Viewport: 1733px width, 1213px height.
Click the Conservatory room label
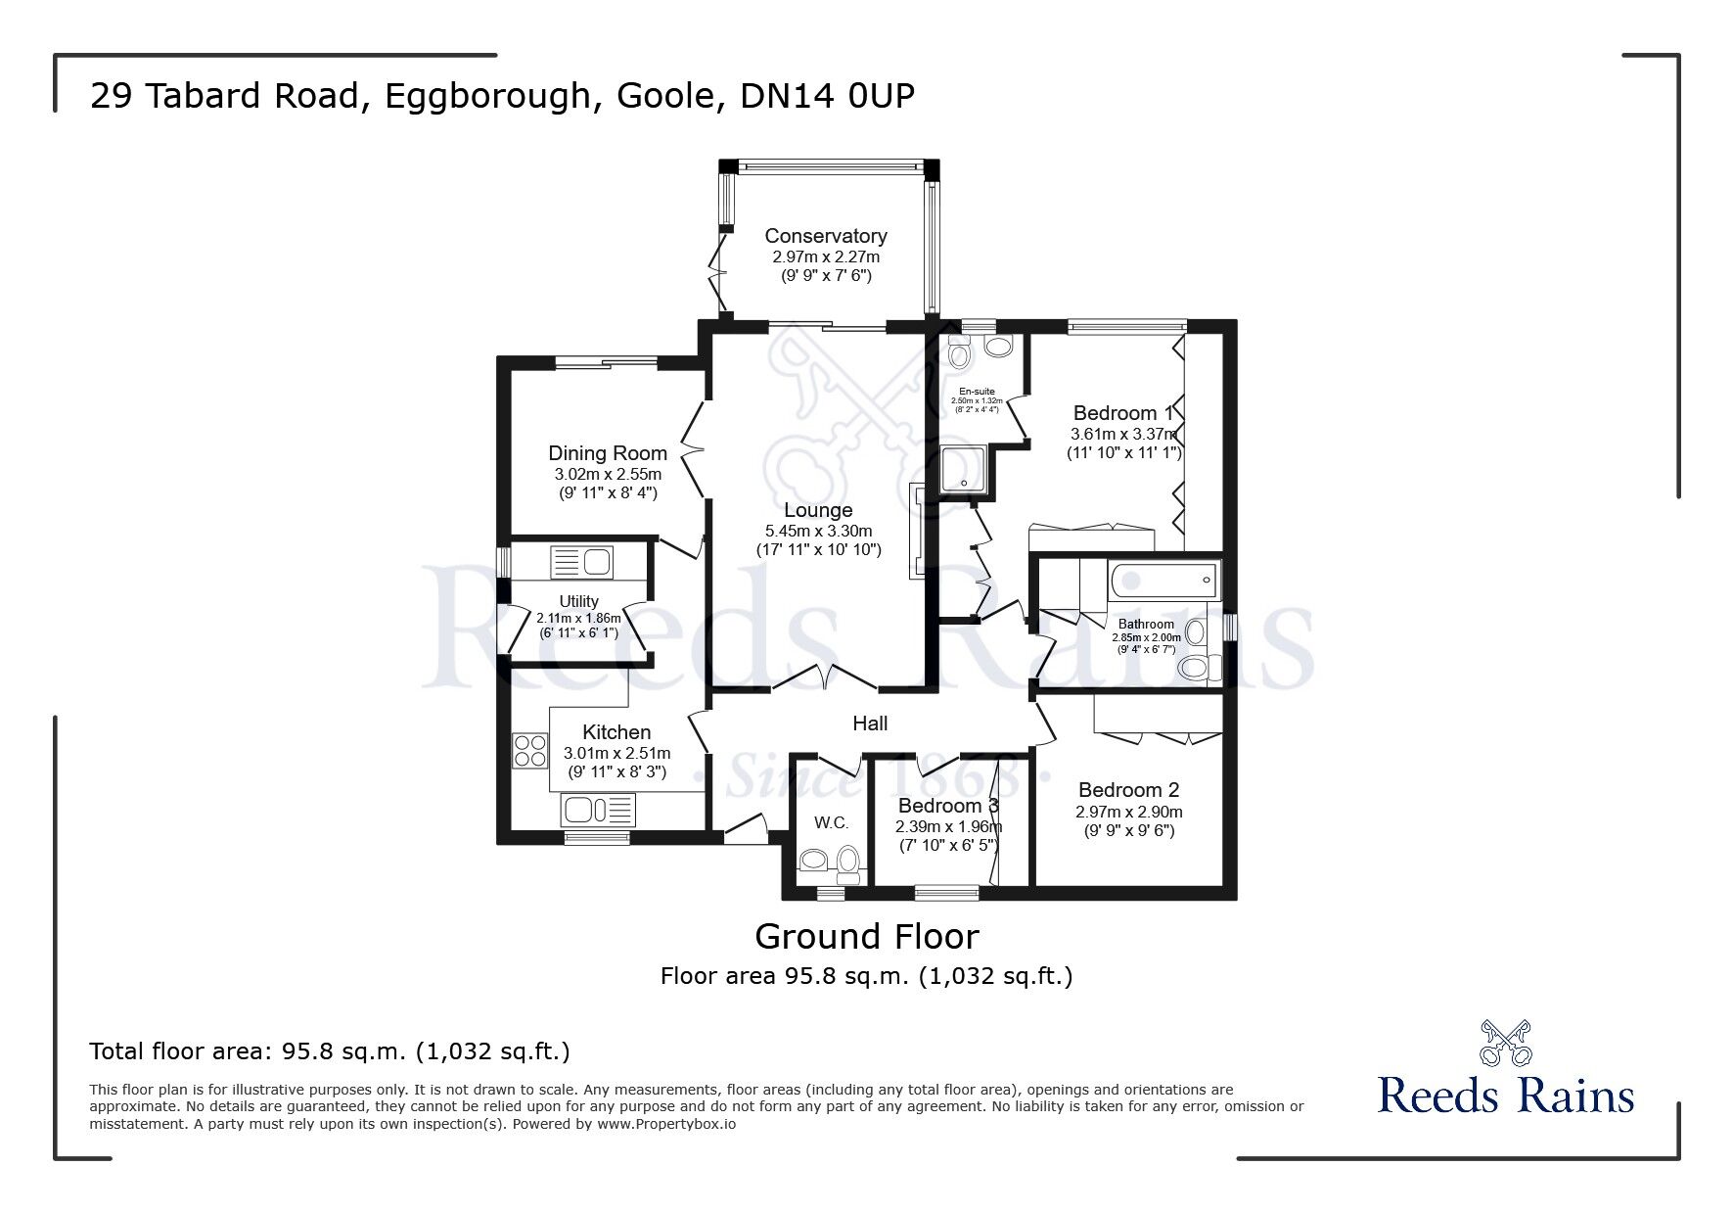pos(825,236)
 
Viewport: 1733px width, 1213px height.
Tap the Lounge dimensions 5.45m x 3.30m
pos(818,531)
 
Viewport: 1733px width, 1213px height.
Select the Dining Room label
pos(607,453)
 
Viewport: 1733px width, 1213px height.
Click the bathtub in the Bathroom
pos(1163,583)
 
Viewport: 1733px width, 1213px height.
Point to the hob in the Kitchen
pos(530,750)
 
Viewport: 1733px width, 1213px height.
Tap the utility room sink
pos(582,563)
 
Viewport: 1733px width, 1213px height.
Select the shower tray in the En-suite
pos(963,472)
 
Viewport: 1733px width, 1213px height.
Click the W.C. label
pos(831,823)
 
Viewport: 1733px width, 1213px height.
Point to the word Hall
pos(870,723)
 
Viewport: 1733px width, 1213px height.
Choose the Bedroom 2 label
pos(1128,790)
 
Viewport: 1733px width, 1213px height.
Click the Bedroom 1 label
pos(1121,413)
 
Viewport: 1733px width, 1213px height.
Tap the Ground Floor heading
pos(866,937)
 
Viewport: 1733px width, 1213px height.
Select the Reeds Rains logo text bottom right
pos(1506,1096)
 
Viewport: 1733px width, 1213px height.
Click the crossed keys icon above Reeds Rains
pos(1505,1043)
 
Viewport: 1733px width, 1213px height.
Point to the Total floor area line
pos(329,1051)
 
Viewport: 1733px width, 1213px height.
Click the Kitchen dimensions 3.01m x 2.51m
pos(616,753)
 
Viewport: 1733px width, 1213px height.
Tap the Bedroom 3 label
pos(947,806)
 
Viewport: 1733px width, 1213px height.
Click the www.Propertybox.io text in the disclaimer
pos(665,1124)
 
